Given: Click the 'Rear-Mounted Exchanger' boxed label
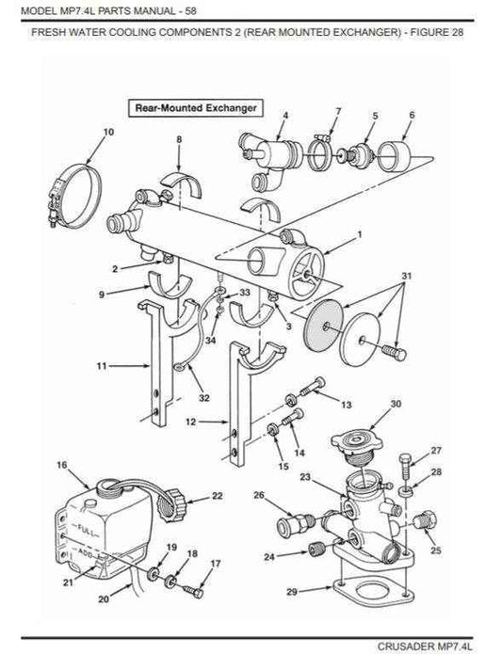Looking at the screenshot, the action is (196, 108).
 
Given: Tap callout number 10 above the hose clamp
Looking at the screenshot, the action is (108, 132).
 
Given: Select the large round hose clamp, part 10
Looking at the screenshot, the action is (75, 196).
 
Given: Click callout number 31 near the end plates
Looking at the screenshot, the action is (407, 276).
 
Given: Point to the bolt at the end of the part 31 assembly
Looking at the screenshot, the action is (395, 352).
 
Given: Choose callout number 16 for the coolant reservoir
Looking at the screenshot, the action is (62, 465).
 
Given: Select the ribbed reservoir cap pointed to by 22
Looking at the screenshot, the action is (172, 503).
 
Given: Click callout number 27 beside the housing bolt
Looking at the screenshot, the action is (436, 451).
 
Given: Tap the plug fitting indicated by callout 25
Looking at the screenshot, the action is (426, 519).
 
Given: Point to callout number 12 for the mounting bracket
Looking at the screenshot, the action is (190, 423).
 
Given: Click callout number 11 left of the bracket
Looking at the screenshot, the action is (102, 366).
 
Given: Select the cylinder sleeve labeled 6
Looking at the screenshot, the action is (395, 156).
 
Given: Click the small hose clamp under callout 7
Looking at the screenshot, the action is (319, 153).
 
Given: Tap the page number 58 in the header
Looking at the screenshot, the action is (190, 10).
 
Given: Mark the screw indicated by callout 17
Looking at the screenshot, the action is (193, 590).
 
